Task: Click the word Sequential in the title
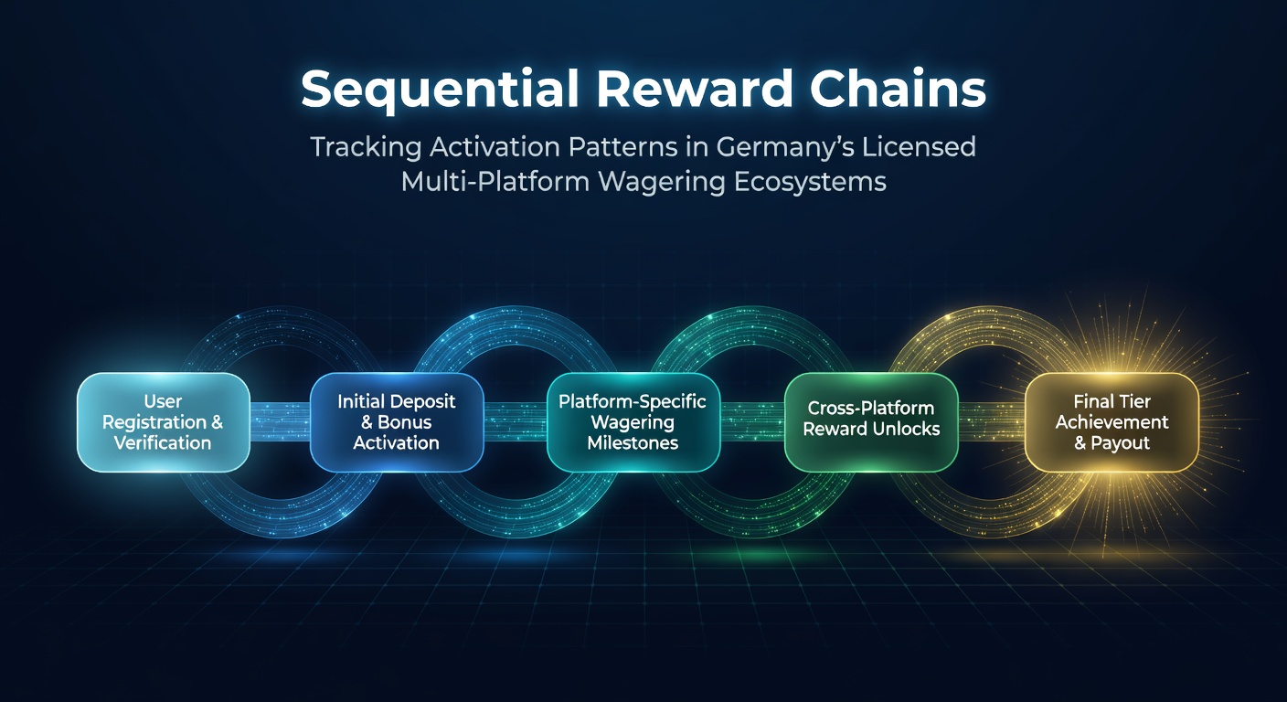[440, 90]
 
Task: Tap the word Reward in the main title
[694, 89]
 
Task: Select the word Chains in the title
[898, 89]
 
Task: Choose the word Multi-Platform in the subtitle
[495, 182]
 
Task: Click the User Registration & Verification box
[164, 422]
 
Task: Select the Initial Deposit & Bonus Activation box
[397, 422]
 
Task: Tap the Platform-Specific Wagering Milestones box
[633, 422]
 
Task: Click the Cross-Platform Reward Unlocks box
[871, 422]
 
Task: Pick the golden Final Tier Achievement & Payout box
[1111, 422]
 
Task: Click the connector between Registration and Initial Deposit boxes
[280, 422]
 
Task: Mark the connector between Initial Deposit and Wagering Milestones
[515, 422]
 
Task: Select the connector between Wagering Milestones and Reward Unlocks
[752, 422]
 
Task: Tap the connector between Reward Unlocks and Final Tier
[992, 422]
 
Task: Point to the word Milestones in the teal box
[633, 443]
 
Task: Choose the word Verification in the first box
[163, 443]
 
